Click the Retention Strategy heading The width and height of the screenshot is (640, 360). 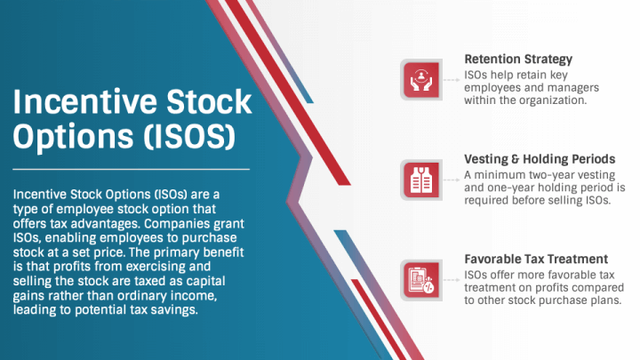(518, 60)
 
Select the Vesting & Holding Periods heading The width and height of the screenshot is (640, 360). (540, 159)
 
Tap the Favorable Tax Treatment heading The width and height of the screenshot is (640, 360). (536, 259)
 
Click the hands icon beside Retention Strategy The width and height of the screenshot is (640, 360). (421, 80)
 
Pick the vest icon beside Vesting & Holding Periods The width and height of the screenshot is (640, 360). (421, 180)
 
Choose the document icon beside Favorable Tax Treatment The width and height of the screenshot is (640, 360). (421, 280)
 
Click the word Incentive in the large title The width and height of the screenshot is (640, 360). (85, 101)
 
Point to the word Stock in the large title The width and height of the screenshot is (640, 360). (209, 101)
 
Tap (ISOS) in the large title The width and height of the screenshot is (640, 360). (189, 136)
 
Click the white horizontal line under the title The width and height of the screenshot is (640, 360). (131, 169)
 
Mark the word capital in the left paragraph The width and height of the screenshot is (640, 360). (205, 281)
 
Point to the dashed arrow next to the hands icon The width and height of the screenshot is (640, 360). (452, 80)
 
